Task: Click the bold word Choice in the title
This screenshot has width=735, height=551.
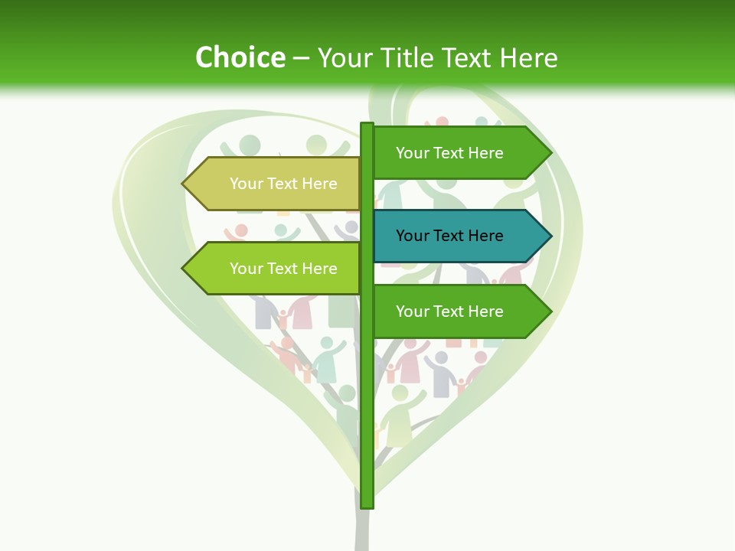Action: click(240, 57)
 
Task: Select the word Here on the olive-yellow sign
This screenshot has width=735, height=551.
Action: click(318, 184)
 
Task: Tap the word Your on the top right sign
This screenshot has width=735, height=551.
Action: click(413, 153)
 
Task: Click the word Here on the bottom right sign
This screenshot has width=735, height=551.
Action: click(485, 311)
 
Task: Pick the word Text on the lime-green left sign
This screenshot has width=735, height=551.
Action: click(283, 269)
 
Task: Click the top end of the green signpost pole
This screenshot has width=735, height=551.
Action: click(367, 126)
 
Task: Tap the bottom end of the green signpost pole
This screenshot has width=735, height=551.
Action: click(367, 505)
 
